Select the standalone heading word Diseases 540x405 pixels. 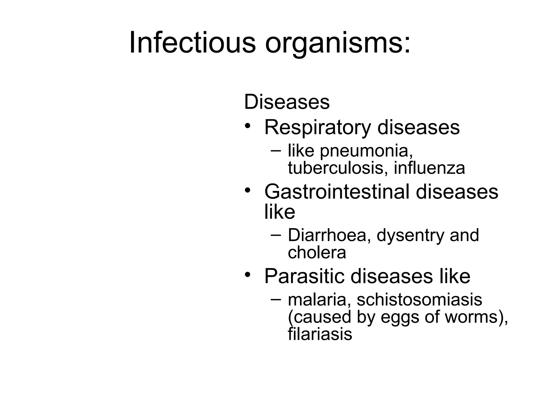287,102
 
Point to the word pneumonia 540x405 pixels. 366,151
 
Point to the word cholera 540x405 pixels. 317,252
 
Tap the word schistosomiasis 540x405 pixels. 419,300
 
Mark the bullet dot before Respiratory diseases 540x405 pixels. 247,126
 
